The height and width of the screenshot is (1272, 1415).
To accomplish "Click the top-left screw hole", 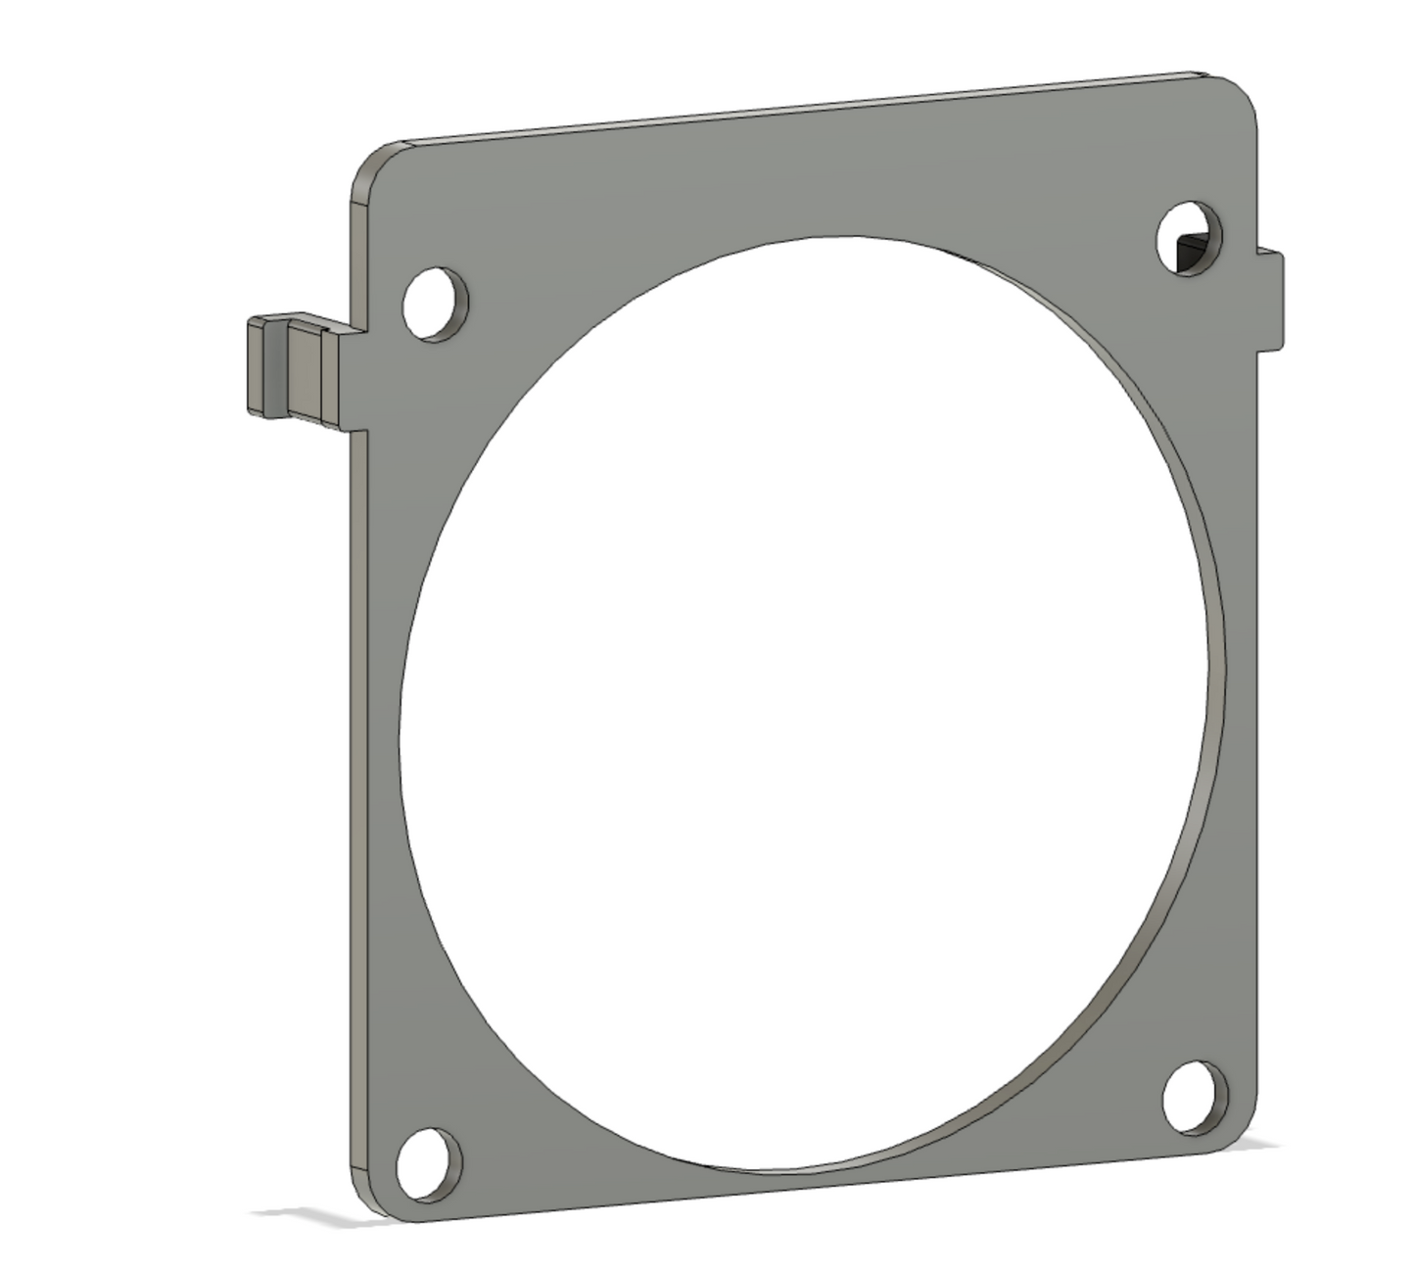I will click(x=435, y=302).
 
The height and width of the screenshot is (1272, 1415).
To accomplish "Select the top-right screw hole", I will click(x=1190, y=238).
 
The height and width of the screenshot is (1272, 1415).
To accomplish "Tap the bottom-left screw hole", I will click(x=429, y=1163).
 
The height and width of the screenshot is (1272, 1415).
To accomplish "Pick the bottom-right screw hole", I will click(x=1195, y=1097).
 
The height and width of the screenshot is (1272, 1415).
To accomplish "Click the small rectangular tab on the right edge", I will click(x=1270, y=300).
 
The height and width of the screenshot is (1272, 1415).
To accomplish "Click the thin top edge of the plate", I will click(x=783, y=109).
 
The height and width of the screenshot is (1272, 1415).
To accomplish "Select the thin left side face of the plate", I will click(x=355, y=783).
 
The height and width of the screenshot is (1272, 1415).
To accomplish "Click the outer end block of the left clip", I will click(x=256, y=366).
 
